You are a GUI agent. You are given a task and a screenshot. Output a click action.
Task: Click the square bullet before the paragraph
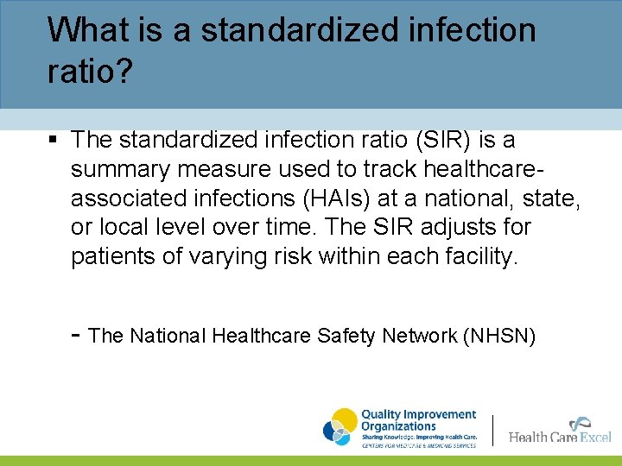click(x=54, y=139)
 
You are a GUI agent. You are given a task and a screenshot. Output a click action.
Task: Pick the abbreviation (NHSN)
click(x=500, y=336)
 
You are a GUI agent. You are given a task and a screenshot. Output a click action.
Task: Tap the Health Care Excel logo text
click(x=559, y=435)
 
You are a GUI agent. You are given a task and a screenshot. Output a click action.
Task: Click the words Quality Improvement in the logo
click(x=418, y=415)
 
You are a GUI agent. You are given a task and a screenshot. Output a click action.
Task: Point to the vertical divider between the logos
click(x=493, y=429)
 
